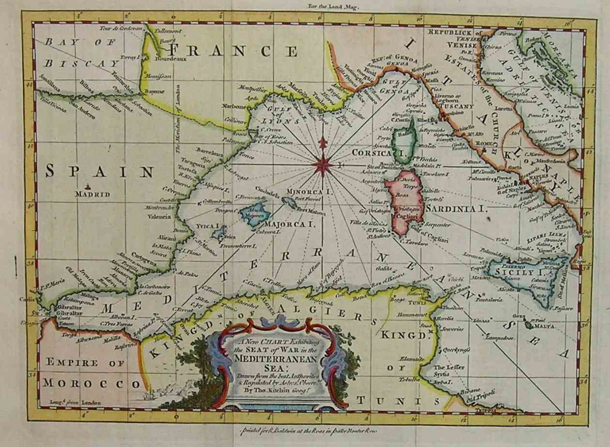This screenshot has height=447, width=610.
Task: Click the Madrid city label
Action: click(92, 194)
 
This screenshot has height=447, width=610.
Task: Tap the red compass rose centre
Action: click(322, 165)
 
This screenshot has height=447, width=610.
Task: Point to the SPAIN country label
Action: click(100, 171)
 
